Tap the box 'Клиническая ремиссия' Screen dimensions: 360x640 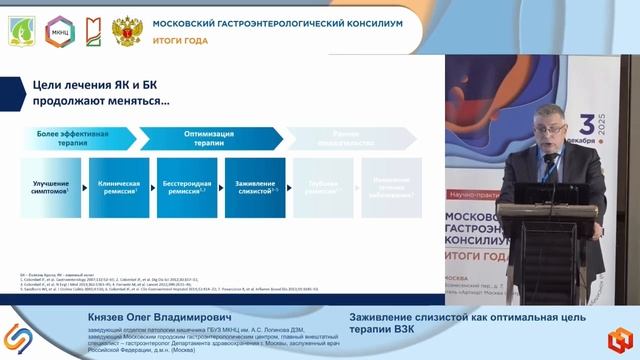pyautogui.click(x=118, y=188)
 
